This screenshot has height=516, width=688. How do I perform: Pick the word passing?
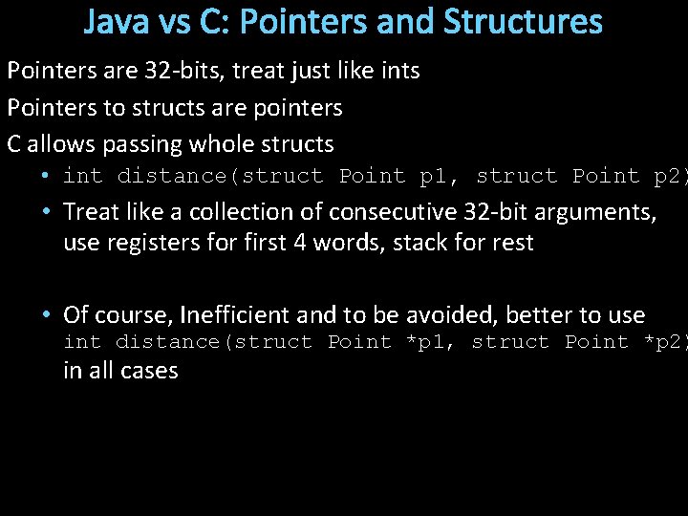tap(137, 144)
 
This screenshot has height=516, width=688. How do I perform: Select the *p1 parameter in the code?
tap(426, 342)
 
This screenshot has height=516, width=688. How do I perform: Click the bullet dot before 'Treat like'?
tap(46, 212)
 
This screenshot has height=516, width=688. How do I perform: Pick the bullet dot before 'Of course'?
tap(46, 315)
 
